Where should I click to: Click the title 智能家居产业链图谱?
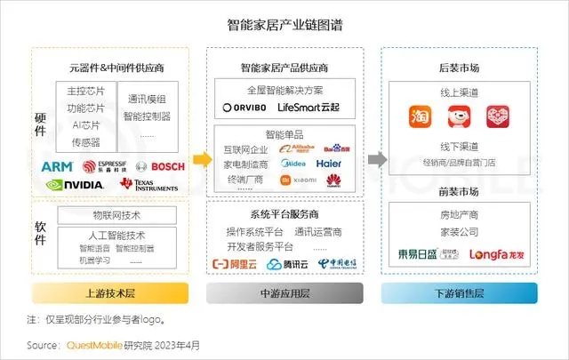tap(284, 26)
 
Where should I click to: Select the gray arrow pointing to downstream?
tap(376, 160)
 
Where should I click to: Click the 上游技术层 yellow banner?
tap(110, 294)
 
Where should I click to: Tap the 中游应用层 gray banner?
tap(284, 294)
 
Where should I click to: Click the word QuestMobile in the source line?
tap(85, 344)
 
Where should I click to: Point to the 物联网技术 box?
tap(116, 214)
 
